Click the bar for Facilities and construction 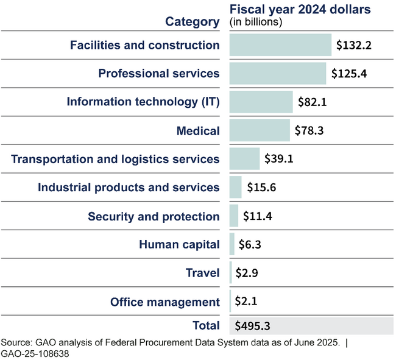coord(280,45)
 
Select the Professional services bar coord(278,73)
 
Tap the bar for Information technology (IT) coord(261,102)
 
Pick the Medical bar coord(260,130)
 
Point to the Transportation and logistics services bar coord(244,159)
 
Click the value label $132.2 coord(354,46)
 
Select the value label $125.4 coord(349,74)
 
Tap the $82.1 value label coord(313,102)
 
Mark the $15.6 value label coord(262,188)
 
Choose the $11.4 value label coord(258,216)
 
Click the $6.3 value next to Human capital coord(250,245)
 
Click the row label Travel coord(202,274)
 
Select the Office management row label coord(164,302)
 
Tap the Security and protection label coord(154,216)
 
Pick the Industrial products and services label coord(129,188)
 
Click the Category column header coord(193,22)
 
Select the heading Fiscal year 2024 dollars coord(300,10)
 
